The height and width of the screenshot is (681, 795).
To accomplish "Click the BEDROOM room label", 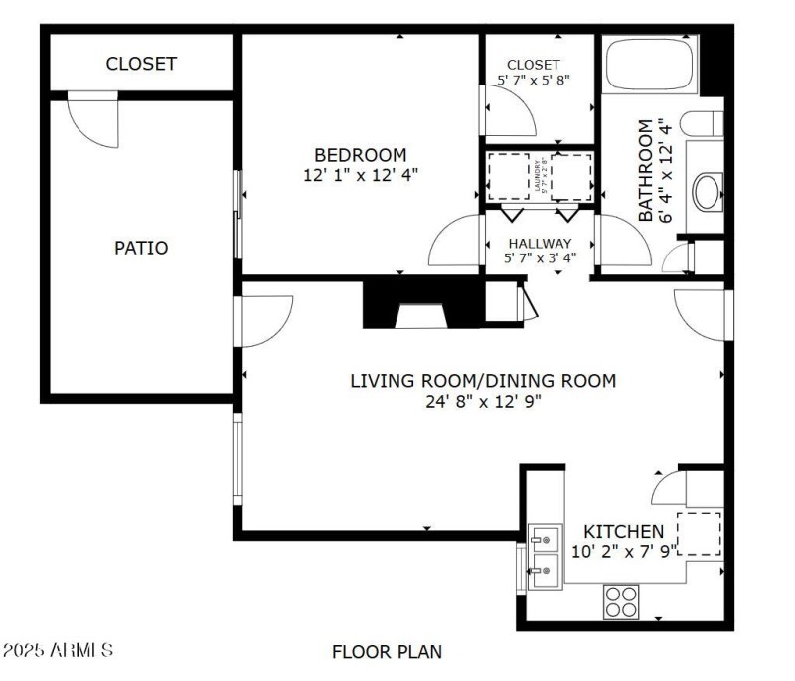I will (361, 155).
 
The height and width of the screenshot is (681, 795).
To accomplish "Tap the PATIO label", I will (141, 248).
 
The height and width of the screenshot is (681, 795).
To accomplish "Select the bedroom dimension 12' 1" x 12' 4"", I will (361, 174).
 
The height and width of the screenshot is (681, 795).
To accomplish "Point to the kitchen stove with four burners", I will (622, 601).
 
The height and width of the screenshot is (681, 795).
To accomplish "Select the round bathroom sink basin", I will (708, 191).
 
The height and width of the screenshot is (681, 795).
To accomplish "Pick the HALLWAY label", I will (540, 243).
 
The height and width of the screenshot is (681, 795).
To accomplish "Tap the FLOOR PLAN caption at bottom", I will (387, 652).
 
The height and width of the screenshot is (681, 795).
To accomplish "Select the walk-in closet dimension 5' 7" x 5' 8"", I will (534, 80).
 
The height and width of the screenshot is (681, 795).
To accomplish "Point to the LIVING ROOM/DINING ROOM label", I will (482, 381).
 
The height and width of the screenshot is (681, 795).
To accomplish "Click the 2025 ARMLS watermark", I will (58, 652).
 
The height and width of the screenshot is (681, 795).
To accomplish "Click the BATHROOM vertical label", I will (646, 170).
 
